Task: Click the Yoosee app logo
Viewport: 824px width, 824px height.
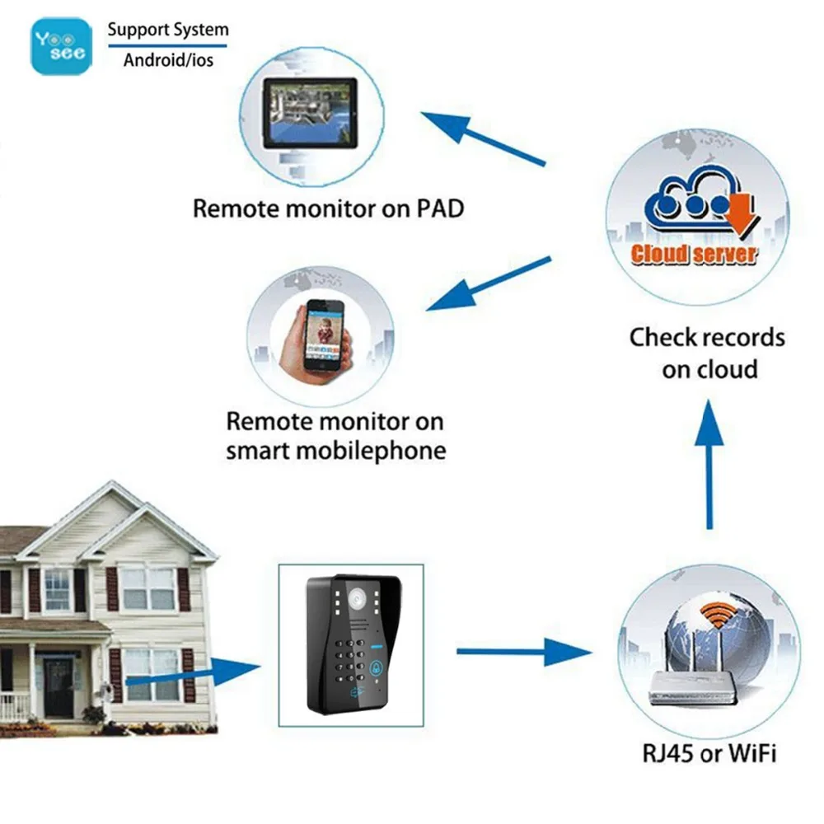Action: pos(61,46)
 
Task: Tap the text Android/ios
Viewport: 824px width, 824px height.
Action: pos(168,59)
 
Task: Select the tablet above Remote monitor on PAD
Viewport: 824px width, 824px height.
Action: pos(310,113)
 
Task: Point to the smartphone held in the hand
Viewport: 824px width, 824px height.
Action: pos(323,334)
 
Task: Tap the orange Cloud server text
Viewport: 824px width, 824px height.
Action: pos(694,253)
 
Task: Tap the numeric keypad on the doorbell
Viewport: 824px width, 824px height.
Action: pos(351,659)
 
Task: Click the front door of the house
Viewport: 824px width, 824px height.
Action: pos(59,687)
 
